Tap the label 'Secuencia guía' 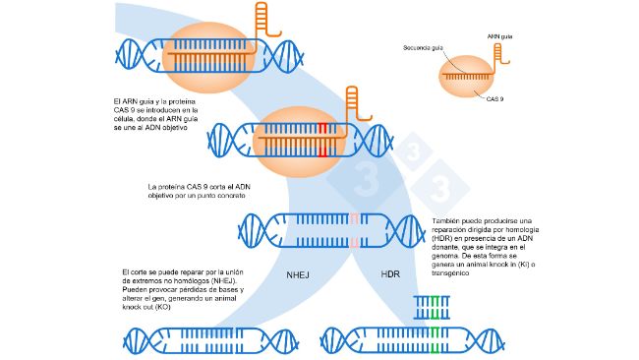click(x=425, y=47)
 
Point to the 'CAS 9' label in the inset click(x=496, y=98)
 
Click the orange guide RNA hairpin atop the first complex click(x=261, y=20)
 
